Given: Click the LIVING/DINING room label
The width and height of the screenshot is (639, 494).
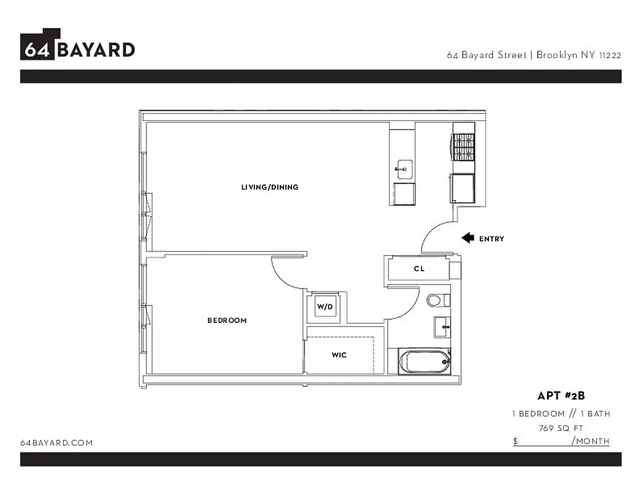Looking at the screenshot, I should (270, 187).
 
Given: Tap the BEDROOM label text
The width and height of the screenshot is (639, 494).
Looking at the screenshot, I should (227, 320).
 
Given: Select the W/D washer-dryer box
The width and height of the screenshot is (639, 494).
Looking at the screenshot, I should (325, 306).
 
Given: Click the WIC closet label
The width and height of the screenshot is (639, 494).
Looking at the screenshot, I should (339, 355).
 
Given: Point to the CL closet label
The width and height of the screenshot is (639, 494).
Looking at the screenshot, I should (419, 269).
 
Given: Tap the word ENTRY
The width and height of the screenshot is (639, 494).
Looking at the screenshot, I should (491, 239).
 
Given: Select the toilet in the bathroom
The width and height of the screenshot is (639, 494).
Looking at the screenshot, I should (436, 300).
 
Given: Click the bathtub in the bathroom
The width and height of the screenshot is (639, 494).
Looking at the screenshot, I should (425, 361).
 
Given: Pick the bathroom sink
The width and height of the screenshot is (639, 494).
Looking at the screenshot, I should (442, 326).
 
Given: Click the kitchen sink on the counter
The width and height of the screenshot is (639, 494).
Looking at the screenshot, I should (404, 167).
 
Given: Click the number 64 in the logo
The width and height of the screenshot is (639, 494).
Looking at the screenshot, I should (38, 49).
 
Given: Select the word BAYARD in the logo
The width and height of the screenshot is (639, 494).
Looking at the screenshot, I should (96, 49).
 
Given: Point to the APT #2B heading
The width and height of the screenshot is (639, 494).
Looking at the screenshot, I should (561, 396).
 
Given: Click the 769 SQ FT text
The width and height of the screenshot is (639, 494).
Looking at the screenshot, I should (561, 428).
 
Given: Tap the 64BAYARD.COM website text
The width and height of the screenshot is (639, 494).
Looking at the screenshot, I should (57, 443).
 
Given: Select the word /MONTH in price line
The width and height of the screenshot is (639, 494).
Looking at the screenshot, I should (591, 441).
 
